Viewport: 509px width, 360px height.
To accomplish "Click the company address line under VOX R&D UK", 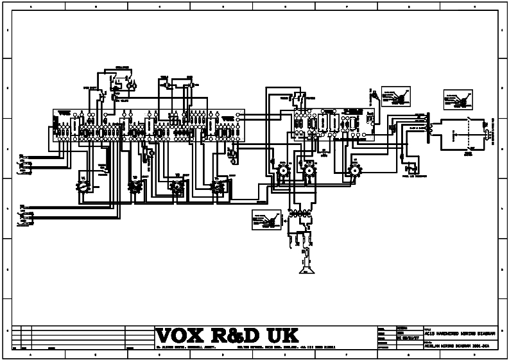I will click(244, 348).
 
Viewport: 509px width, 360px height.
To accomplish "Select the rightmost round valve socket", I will click(354, 170).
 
